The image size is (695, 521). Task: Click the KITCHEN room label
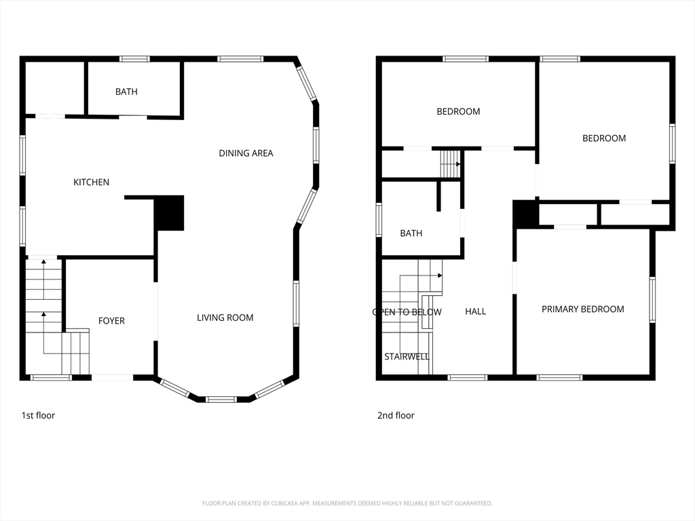tap(92, 182)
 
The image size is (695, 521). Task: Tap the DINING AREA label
tap(246, 153)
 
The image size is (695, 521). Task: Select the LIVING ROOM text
tap(225, 317)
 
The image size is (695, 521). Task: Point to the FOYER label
tap(111, 321)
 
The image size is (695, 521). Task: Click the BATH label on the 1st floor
tap(126, 92)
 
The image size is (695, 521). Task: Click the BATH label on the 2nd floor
tap(411, 233)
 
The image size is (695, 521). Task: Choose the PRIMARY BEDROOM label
tap(583, 309)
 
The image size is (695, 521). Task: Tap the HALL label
tap(476, 311)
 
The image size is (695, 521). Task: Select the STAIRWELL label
tap(407, 357)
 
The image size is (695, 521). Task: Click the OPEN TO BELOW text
tap(407, 312)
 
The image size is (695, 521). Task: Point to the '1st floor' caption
tap(38, 416)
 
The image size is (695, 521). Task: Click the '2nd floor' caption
tap(396, 416)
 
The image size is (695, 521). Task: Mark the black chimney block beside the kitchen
tap(169, 213)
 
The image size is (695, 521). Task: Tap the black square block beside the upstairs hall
tap(526, 214)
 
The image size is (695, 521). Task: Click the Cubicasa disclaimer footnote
tap(347, 503)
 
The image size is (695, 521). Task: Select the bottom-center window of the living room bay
tap(222, 400)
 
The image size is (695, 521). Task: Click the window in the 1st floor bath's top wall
tap(135, 59)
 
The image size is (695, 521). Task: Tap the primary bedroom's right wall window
tap(652, 299)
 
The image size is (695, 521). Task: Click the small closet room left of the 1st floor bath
tap(54, 88)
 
